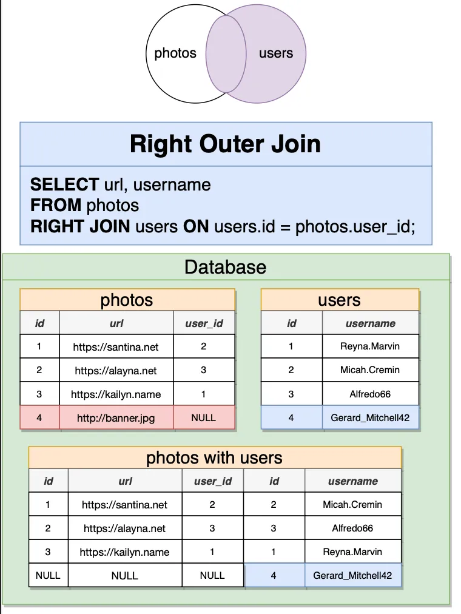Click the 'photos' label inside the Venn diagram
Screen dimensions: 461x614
[175, 53]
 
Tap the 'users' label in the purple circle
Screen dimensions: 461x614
[276, 53]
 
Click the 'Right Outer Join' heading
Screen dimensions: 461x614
[226, 144]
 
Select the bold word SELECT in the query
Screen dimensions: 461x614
[64, 184]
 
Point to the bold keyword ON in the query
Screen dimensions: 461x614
[196, 226]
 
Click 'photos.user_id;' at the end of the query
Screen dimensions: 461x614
[355, 227]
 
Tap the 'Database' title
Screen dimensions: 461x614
[226, 267]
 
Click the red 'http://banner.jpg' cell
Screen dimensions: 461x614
[116, 418]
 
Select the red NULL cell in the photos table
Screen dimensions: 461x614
[203, 418]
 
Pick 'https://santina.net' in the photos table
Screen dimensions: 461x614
[116, 347]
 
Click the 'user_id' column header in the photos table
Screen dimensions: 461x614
[204, 323]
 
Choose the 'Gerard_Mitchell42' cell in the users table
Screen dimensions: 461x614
[370, 418]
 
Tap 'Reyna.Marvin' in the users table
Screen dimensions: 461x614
[370, 346]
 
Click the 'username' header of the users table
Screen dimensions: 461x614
[370, 323]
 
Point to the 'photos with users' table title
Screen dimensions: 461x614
[214, 457]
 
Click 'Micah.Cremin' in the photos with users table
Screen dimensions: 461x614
[352, 504]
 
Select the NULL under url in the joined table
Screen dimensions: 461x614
[125, 576]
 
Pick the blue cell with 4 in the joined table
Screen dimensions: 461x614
[274, 575]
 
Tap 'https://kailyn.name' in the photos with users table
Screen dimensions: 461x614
[124, 552]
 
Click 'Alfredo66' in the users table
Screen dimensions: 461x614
[370, 394]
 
